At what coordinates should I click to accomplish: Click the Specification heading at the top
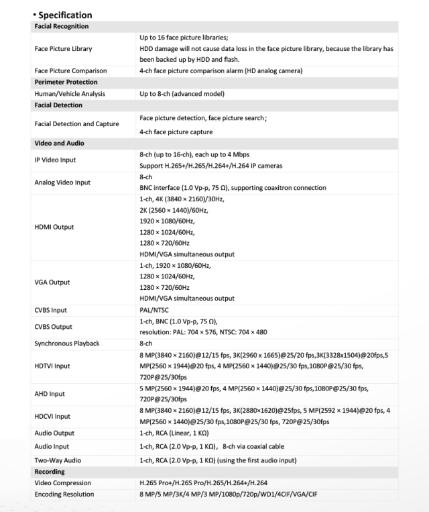click(x=64, y=15)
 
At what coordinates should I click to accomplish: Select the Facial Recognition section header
click(x=62, y=26)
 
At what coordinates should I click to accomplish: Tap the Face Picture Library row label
click(x=63, y=49)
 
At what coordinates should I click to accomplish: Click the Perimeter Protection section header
click(x=64, y=82)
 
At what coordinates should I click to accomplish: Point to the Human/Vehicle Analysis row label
click(x=70, y=94)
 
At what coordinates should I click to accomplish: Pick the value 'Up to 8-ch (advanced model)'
click(x=182, y=94)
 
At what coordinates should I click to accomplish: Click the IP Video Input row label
click(x=55, y=160)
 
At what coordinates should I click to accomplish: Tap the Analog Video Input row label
click(x=62, y=182)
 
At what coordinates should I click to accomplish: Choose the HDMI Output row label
click(x=54, y=227)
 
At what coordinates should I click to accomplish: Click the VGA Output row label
click(x=52, y=283)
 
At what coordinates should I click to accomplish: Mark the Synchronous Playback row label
click(x=66, y=344)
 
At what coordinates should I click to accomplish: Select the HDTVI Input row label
click(x=52, y=366)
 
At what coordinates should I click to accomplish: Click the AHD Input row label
click(x=50, y=394)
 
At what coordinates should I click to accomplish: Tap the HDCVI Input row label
click(x=52, y=416)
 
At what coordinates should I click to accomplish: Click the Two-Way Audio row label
click(x=58, y=460)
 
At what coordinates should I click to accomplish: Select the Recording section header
click(x=49, y=472)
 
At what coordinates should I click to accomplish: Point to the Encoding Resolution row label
click(x=64, y=494)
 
